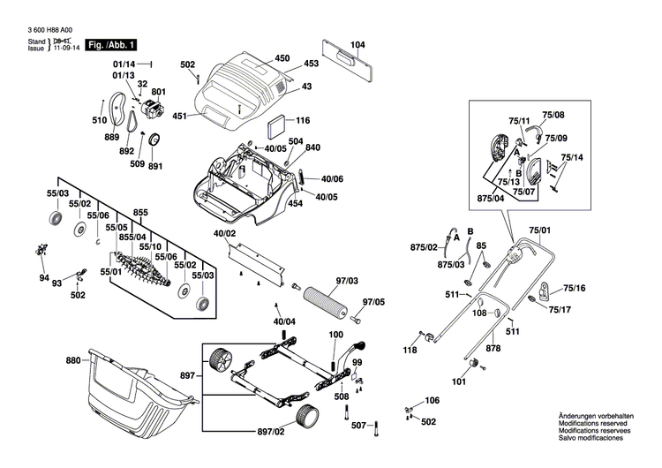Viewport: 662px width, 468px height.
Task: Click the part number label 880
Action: click(x=72, y=360)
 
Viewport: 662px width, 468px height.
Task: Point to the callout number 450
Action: click(x=282, y=58)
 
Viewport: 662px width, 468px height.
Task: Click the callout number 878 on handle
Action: click(x=493, y=350)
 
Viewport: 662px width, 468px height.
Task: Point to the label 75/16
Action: click(x=574, y=288)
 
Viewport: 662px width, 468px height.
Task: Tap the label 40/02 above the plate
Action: click(x=225, y=233)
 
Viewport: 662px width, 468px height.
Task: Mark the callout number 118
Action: click(x=410, y=351)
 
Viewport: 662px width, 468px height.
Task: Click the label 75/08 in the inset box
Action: click(x=553, y=115)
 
